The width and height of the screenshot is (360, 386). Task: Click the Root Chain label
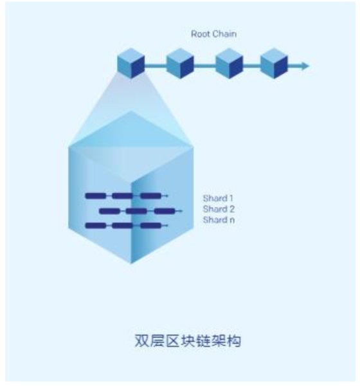pos(214,34)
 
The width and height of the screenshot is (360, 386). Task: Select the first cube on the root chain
pos(130,63)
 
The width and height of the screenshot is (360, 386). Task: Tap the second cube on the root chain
pos(180,63)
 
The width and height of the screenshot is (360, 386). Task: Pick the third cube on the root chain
pos(229,63)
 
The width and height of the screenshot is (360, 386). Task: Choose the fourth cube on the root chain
pos(274,63)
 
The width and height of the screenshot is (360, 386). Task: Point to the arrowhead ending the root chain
pos(305,66)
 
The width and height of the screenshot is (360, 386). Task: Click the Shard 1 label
pos(218,198)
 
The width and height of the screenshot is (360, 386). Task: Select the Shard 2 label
pos(219,209)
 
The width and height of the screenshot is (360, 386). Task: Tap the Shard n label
pos(219,219)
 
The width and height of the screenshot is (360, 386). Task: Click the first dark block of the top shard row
pos(96,196)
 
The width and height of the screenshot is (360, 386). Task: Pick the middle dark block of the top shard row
pos(123,196)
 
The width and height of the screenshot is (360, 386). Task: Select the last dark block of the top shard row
pos(151,196)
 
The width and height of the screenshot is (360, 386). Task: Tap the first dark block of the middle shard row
pos(110,211)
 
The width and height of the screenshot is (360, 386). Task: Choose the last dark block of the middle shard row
pos(165,211)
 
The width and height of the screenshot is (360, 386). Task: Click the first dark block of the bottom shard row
pos(96,225)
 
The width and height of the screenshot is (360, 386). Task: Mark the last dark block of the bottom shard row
pos(151,225)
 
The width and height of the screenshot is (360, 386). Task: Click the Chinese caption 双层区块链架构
pos(188,341)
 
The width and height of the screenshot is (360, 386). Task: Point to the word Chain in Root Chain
pos(224,34)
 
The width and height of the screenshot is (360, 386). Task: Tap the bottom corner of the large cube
pos(131,264)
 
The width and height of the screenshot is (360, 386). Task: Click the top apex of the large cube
pos(130,111)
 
